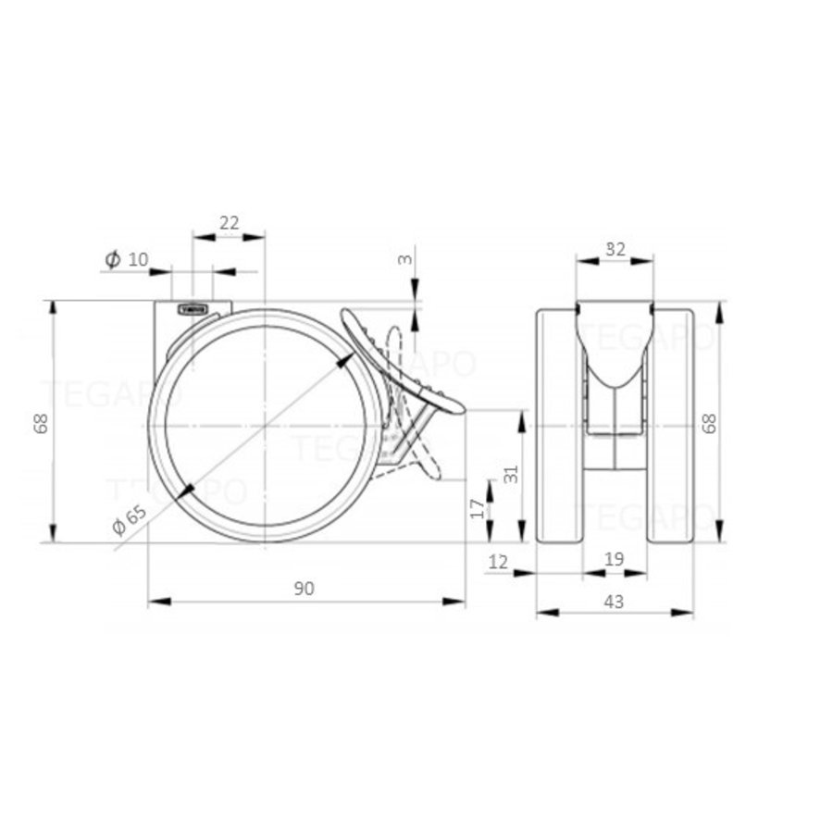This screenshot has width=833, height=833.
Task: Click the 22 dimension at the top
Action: point(229,222)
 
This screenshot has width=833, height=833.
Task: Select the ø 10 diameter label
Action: point(127,260)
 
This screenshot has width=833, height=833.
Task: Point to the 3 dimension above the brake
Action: point(404,259)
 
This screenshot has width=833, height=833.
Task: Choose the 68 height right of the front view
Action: point(710,423)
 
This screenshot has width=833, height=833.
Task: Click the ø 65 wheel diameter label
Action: point(130,523)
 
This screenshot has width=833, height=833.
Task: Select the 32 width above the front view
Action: point(615,248)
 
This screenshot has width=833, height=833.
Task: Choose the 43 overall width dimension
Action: point(615,602)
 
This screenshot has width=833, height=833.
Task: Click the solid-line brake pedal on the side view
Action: point(402,361)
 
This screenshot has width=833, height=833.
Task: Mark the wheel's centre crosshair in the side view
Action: point(266,426)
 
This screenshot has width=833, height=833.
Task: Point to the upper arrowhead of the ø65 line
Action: point(344,362)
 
